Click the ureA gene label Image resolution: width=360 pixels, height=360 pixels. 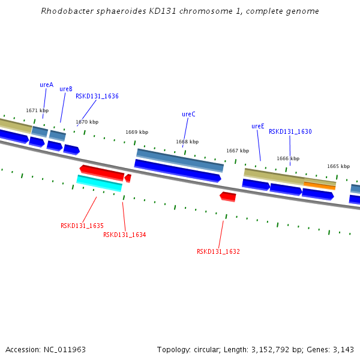point(46,85)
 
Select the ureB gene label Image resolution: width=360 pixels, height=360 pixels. point(66,89)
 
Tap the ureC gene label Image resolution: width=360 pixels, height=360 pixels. point(188,114)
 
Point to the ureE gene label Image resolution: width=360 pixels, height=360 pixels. point(258,126)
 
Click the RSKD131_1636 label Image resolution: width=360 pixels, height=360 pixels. point(97,96)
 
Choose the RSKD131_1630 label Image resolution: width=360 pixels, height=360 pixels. point(290,131)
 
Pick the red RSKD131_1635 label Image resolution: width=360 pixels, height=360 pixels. point(82,226)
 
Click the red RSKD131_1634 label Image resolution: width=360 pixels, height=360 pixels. point(124,235)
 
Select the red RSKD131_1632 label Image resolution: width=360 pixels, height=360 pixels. point(218,251)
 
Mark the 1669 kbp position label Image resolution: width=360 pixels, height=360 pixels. point(137,132)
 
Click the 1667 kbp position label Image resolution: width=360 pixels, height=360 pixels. point(237,151)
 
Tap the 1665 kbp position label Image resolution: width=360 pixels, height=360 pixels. point(338,166)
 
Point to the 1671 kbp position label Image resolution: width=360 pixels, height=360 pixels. point(37,110)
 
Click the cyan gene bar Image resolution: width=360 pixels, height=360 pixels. point(99,183)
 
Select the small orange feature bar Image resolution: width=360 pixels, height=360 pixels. point(319,185)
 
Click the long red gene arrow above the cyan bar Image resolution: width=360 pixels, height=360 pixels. point(102,172)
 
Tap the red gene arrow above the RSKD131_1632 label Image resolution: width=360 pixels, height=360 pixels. point(228,196)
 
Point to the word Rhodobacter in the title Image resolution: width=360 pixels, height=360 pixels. point(64,11)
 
